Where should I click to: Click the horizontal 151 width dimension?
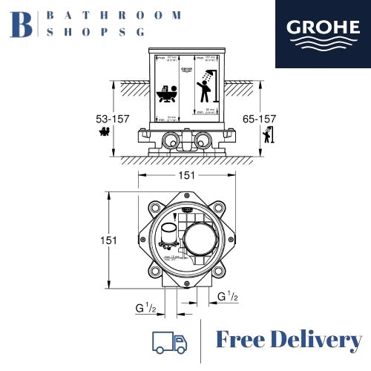click(185, 175)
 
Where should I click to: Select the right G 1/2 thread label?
click(228, 297)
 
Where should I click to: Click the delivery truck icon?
click(168, 341)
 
